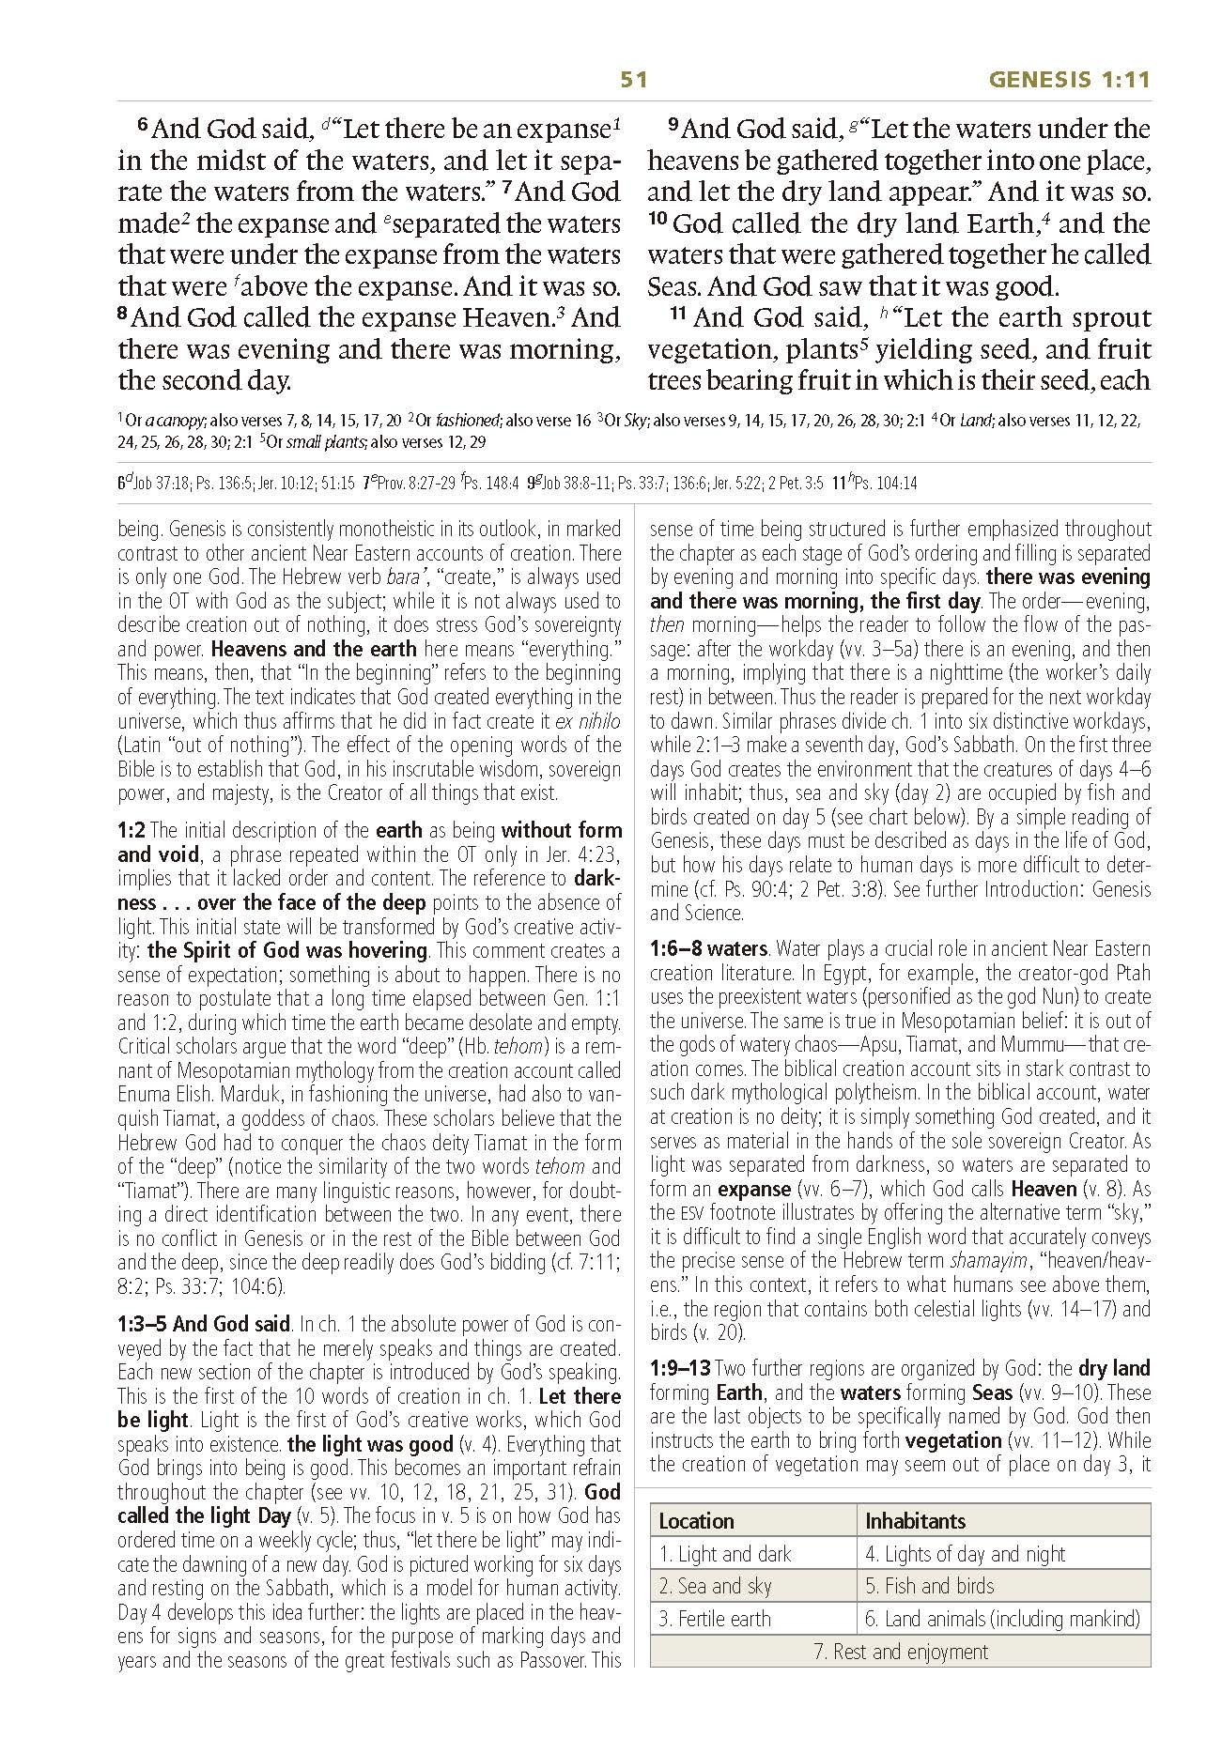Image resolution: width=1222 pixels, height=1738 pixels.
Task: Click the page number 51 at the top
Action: click(634, 80)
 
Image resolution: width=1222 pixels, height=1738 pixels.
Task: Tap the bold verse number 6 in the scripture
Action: click(143, 126)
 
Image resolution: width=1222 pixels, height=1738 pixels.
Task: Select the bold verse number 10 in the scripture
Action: click(657, 223)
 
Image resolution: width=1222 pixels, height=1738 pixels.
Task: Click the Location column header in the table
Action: click(696, 1521)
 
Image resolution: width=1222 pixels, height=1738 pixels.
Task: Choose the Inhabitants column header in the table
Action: click(915, 1521)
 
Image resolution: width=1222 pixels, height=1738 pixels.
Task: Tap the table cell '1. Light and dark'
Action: click(724, 1554)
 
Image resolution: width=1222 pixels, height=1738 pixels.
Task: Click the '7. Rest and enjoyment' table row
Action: click(900, 1652)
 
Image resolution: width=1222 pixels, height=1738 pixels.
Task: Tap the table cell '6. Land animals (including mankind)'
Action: click(1002, 1619)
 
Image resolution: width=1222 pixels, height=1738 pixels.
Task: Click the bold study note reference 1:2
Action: click(131, 830)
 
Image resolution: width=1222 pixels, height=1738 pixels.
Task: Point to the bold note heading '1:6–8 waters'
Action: click(708, 949)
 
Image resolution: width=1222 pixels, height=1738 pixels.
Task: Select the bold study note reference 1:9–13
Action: click(680, 1368)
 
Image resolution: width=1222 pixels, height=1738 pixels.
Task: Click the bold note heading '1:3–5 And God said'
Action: click(204, 1325)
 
